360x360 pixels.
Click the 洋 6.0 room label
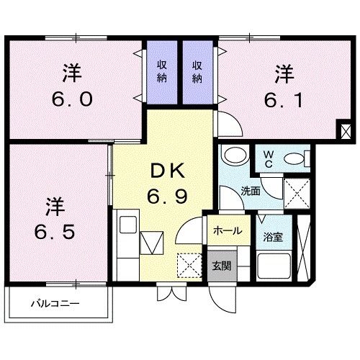click(x=70, y=86)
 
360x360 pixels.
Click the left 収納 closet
click(x=163, y=71)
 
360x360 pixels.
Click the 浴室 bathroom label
click(x=271, y=235)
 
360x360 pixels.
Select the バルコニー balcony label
click(x=55, y=302)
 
